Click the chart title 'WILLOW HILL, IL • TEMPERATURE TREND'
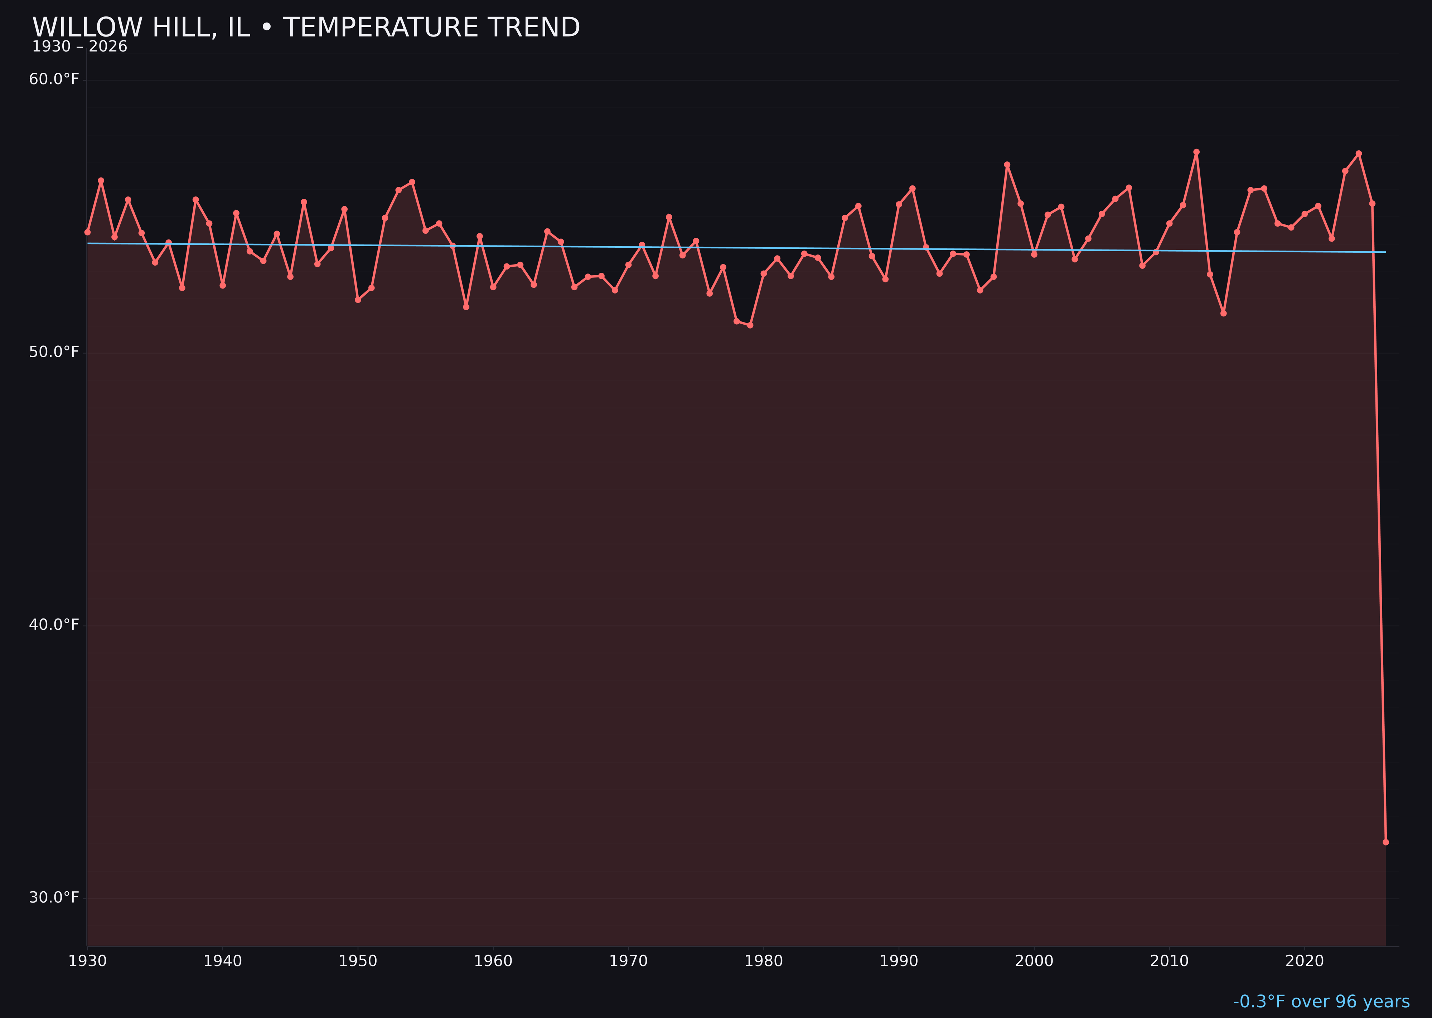click(x=306, y=28)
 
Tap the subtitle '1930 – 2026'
click(x=79, y=47)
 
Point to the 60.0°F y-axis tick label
click(x=54, y=79)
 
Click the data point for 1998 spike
click(x=1007, y=165)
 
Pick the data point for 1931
click(x=101, y=180)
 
